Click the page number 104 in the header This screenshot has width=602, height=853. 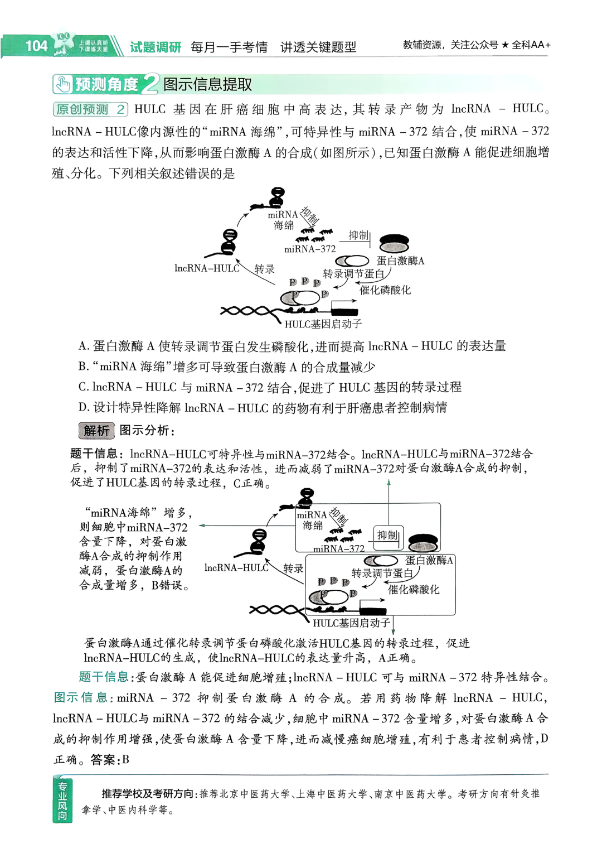coord(36,46)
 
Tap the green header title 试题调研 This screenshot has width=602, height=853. coord(156,47)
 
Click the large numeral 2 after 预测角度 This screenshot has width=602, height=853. coord(149,84)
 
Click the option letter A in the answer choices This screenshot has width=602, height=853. coord(83,346)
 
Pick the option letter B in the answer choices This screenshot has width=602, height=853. coord(83,367)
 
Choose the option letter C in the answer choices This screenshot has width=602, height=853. coord(83,387)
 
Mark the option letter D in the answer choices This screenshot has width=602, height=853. coord(83,408)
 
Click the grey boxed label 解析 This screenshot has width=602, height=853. coord(96,431)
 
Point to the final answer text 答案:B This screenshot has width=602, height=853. coord(110,760)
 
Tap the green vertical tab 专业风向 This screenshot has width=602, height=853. coord(62,801)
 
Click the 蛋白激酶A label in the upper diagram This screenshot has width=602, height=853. coord(400,261)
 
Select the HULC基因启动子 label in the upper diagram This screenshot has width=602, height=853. coord(323,324)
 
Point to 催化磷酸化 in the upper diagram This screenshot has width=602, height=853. coord(385,290)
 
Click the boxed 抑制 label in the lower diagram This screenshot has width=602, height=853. coord(388,536)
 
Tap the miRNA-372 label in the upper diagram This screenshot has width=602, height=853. coord(310,249)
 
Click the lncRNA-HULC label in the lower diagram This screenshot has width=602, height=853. coord(236,568)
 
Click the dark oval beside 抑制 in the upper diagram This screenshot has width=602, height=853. coord(394,243)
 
